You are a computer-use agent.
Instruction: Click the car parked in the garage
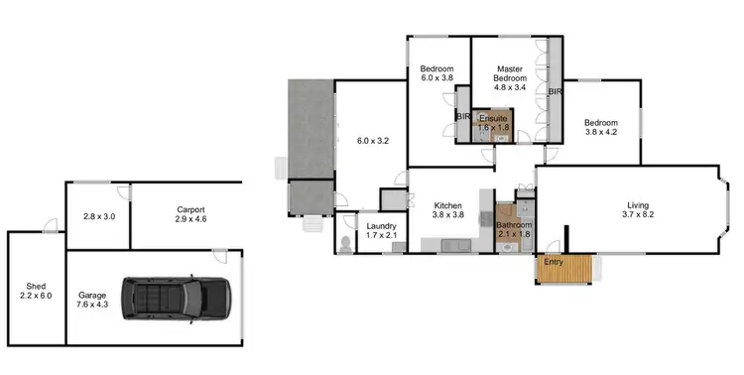(x=176, y=296)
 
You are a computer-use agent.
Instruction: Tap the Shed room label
(x=37, y=291)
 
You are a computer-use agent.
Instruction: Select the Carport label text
(x=190, y=215)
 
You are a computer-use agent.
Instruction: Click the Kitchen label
(x=448, y=209)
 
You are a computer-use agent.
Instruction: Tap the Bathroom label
(x=514, y=230)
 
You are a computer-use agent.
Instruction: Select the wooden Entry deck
(x=564, y=268)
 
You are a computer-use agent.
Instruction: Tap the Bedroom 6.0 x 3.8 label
(x=436, y=72)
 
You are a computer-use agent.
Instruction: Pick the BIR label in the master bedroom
(x=556, y=92)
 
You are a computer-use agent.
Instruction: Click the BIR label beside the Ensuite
(x=463, y=116)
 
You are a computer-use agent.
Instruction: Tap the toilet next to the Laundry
(x=344, y=243)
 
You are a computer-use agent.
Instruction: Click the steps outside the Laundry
(x=314, y=225)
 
